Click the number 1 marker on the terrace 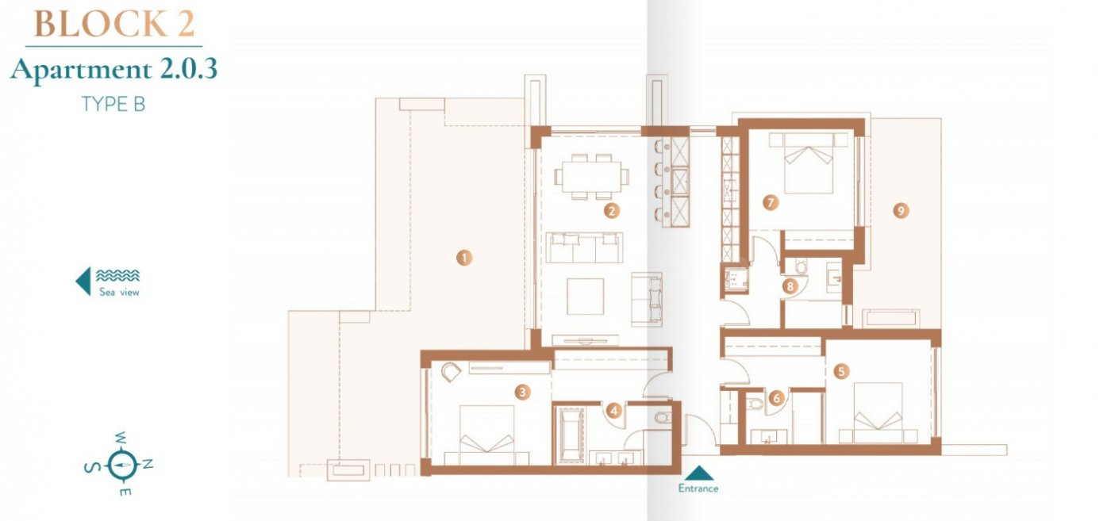[464, 258]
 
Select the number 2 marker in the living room [612, 211]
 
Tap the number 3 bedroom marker [522, 392]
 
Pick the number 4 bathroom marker [614, 411]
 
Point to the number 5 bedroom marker [841, 371]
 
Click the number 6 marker [777, 397]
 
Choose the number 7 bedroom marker [771, 202]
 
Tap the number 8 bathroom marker [790, 286]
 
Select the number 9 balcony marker [901, 211]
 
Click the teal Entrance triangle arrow [698, 473]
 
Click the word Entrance [698, 488]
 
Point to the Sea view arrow [84, 281]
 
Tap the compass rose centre [121, 465]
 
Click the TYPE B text [113, 105]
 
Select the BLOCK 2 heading [113, 24]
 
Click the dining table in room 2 [591, 177]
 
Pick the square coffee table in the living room [586, 296]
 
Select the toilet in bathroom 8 [801, 267]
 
